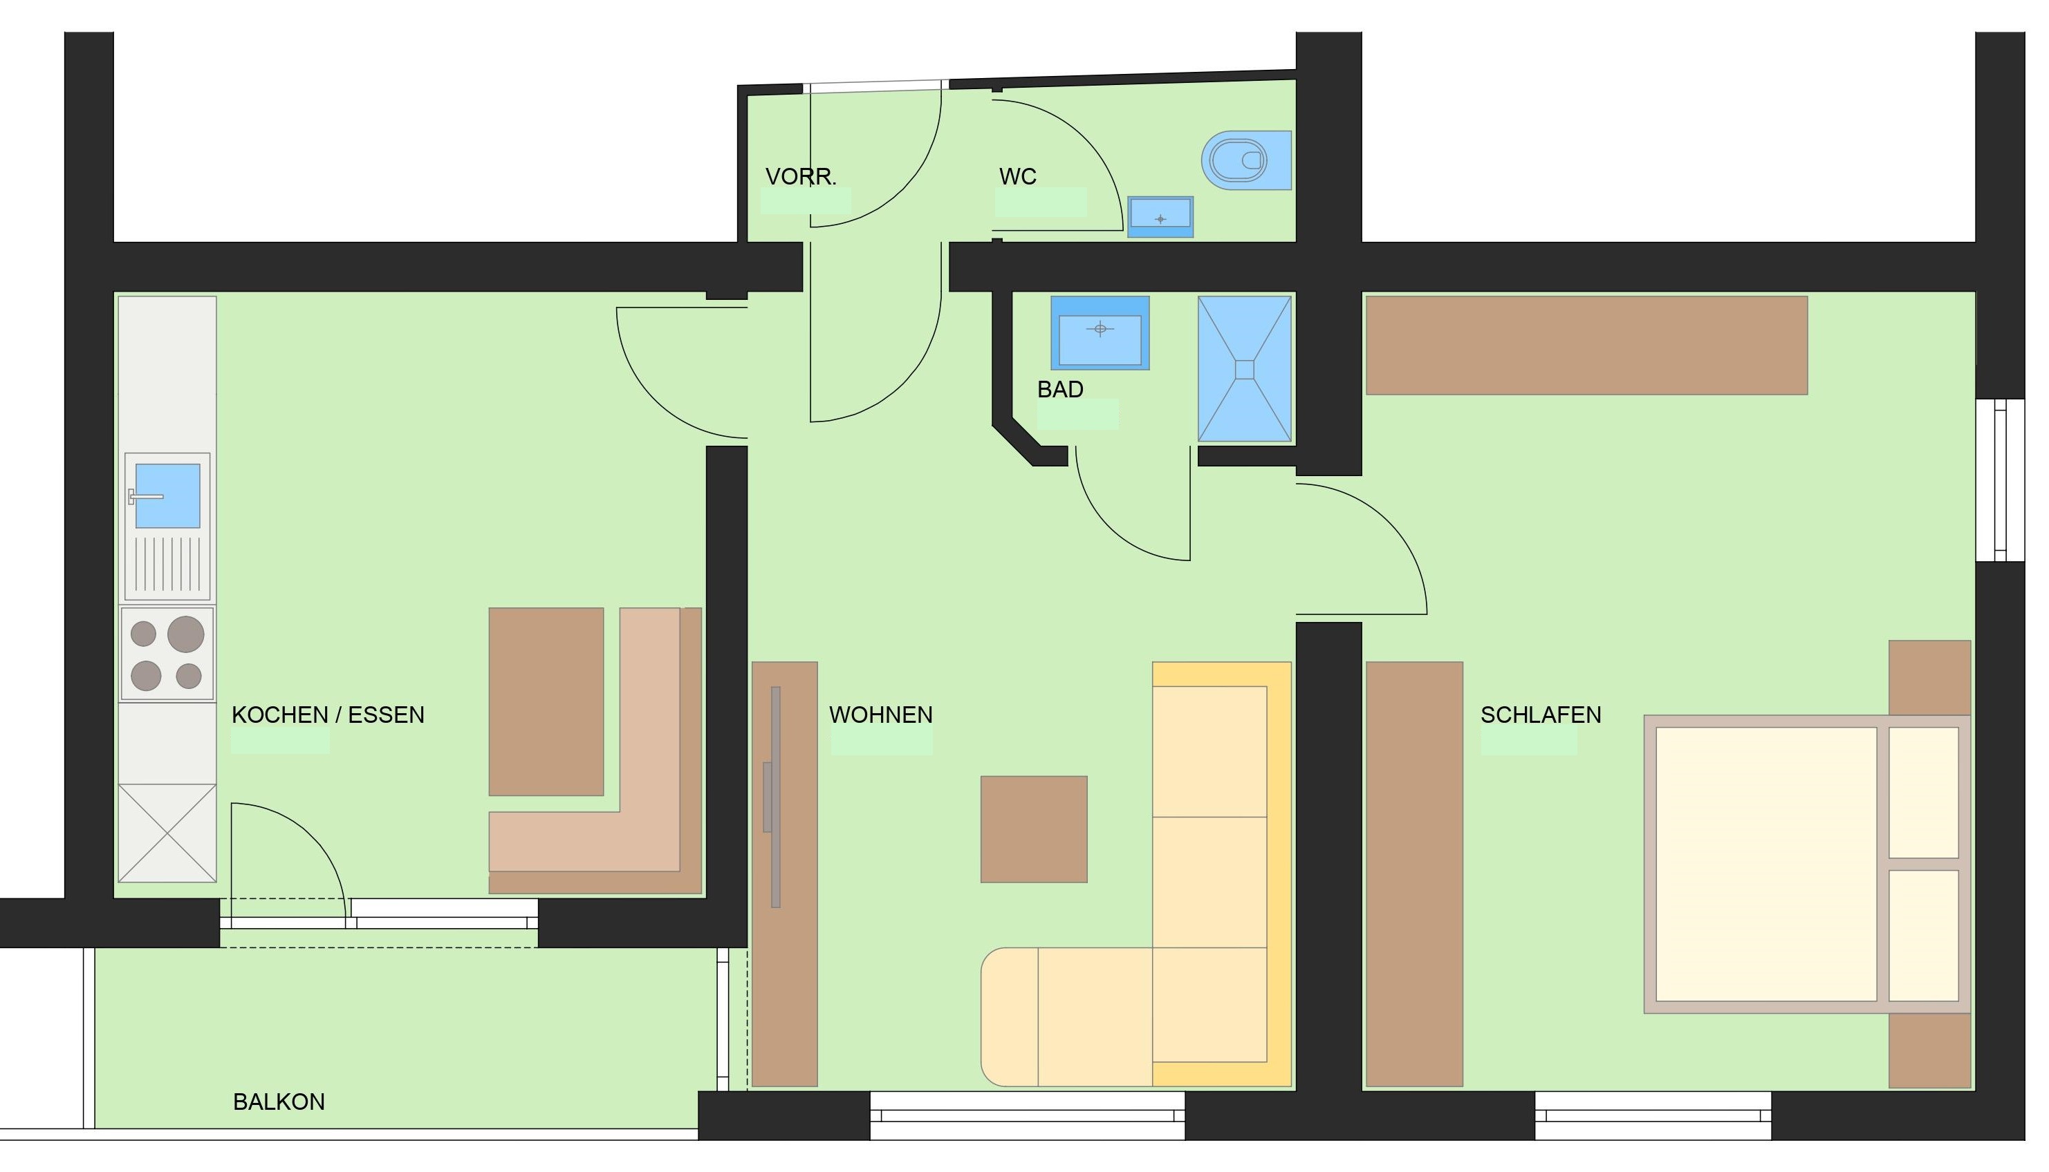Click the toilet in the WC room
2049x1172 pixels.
1246,160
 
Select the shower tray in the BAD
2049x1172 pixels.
1244,368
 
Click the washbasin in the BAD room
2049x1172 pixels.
1100,332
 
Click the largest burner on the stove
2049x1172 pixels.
186,634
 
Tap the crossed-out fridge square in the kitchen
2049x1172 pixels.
167,833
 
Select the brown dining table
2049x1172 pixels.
546,702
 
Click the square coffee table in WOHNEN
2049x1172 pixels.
1033,829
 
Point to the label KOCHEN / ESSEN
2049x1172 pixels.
328,715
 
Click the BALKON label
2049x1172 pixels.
279,1102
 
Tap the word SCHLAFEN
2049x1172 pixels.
1541,715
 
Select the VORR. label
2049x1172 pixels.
801,176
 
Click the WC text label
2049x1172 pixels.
1017,176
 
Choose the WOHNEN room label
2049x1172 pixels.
881,715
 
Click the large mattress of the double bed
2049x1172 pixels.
1765,864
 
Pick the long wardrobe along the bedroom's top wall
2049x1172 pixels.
1586,346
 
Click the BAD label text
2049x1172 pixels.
1060,390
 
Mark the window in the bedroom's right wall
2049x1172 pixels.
2000,480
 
